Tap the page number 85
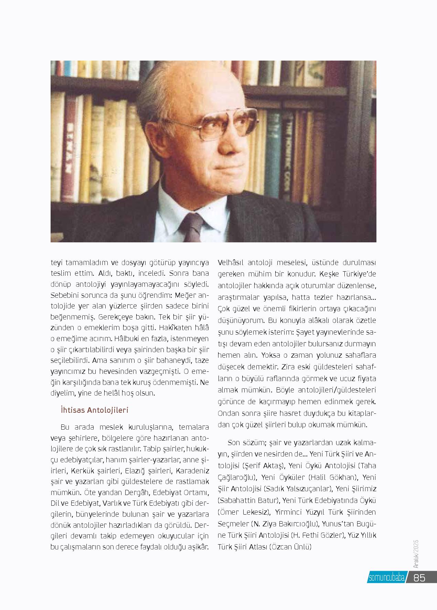click(419, 587)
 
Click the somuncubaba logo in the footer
click(386, 587)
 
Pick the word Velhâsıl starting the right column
click(231, 263)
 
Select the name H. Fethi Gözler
click(318, 535)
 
